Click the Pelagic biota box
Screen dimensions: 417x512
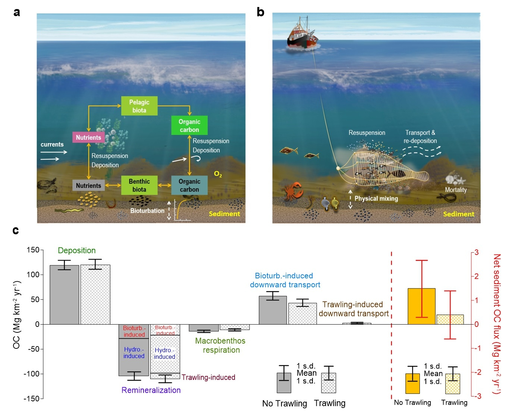tap(139, 106)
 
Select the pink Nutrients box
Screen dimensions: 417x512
tap(88, 138)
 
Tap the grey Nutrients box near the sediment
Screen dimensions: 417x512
tap(88, 186)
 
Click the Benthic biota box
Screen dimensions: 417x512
tap(139, 185)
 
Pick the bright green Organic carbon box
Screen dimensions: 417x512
tap(189, 126)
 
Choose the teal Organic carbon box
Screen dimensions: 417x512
tap(189, 185)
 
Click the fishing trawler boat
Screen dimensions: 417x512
tap(302, 35)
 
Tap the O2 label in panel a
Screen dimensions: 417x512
tap(218, 174)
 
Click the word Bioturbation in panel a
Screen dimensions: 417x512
tap(147, 211)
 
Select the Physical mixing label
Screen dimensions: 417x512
tap(376, 199)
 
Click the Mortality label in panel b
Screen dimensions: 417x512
tap(456, 190)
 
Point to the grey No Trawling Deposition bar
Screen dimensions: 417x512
tap(64, 294)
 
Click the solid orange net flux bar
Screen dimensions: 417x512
tap(421, 306)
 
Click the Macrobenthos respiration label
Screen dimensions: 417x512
tap(220, 345)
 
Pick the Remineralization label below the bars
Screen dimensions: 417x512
tap(151, 390)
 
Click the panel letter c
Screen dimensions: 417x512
tap(16, 231)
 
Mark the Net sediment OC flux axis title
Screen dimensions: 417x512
tap(497, 323)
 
